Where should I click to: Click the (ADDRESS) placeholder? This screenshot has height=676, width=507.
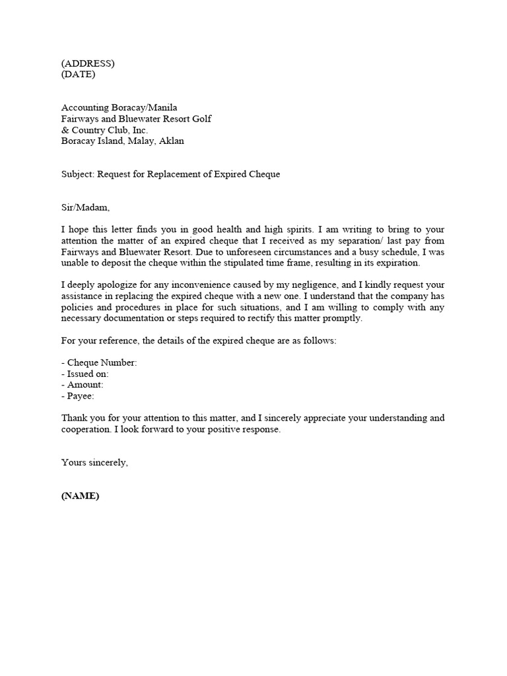tap(88, 63)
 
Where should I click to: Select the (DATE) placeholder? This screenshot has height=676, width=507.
tap(78, 75)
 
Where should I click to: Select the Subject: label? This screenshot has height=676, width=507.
tap(78, 174)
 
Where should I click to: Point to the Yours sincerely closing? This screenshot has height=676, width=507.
tap(94, 463)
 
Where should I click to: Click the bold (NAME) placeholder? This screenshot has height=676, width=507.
tap(80, 496)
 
